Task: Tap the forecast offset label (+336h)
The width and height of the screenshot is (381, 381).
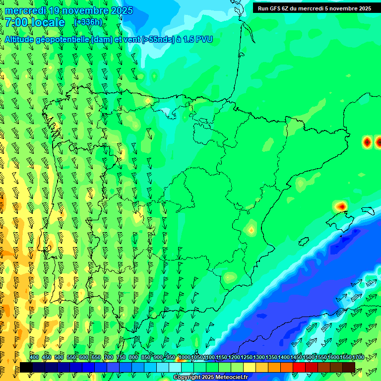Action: point(88,22)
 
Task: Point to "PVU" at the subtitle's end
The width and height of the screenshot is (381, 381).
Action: point(204,40)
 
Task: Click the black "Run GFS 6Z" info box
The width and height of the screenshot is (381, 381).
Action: point(314,8)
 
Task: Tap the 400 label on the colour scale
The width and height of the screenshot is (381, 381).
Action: point(34,357)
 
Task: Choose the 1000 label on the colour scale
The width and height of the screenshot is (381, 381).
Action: point(185,357)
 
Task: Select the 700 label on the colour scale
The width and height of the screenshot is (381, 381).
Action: point(109,357)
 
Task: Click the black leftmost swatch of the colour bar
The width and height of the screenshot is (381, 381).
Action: point(26,367)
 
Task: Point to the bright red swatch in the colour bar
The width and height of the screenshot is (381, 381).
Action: point(299,367)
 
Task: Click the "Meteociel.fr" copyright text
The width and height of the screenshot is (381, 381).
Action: point(232,378)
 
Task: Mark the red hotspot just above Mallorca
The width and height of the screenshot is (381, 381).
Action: point(341,205)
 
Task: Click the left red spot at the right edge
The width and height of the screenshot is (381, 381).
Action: point(367,142)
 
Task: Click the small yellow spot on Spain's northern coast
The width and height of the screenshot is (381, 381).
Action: point(148,101)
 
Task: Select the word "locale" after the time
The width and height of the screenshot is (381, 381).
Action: point(48,22)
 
